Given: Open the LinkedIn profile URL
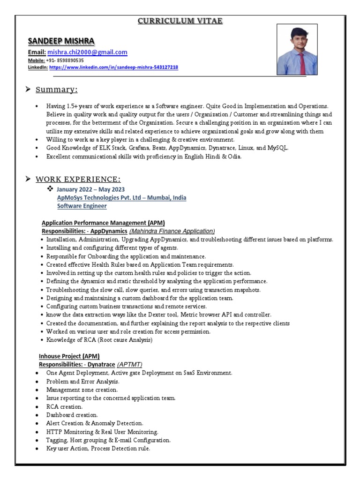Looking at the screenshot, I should click(113, 67).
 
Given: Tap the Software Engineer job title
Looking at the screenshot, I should click(82, 206).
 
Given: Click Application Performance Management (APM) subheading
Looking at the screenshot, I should click(103, 223).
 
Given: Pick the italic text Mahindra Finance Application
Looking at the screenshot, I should click(172, 231).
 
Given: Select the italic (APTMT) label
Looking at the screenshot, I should click(129, 364).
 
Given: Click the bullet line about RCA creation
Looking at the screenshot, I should click(64, 406).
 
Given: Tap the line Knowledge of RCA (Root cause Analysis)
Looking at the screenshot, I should click(99, 340).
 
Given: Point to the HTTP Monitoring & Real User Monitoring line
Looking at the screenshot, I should click(102, 432).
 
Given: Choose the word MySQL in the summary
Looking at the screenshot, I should click(277, 148).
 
